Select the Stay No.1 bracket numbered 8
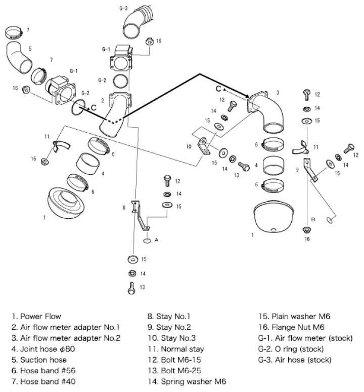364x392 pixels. (138, 213)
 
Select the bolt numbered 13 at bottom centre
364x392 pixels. (130, 289)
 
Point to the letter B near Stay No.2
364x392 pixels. (313, 219)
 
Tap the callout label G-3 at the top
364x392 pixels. (124, 9)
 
